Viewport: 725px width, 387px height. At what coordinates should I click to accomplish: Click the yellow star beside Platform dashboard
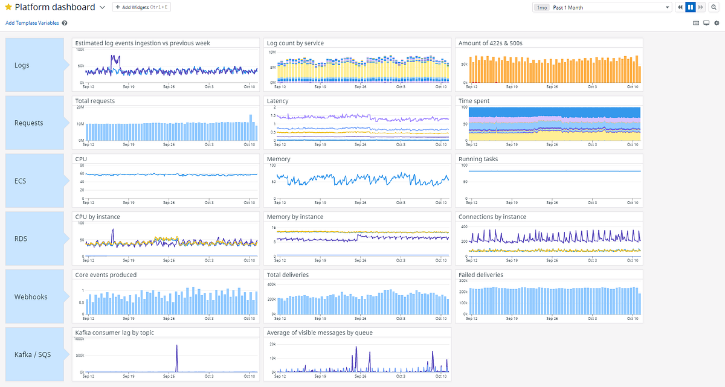(8, 7)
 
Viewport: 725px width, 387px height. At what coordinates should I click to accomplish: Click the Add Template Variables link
(33, 23)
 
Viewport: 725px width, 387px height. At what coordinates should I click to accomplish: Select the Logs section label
(22, 65)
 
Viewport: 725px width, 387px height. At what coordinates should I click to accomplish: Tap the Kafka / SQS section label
(33, 354)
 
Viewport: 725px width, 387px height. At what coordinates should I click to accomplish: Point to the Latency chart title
(278, 101)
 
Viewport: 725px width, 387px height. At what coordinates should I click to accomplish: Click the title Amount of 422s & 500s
(490, 43)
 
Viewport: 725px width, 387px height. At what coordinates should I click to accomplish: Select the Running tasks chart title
(478, 159)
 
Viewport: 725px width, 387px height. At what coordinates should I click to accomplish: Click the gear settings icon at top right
(717, 23)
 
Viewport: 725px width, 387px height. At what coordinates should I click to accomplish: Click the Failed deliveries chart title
(481, 275)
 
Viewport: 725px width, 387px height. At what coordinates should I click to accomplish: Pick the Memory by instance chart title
(295, 217)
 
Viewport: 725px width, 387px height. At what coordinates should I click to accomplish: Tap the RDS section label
(21, 238)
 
